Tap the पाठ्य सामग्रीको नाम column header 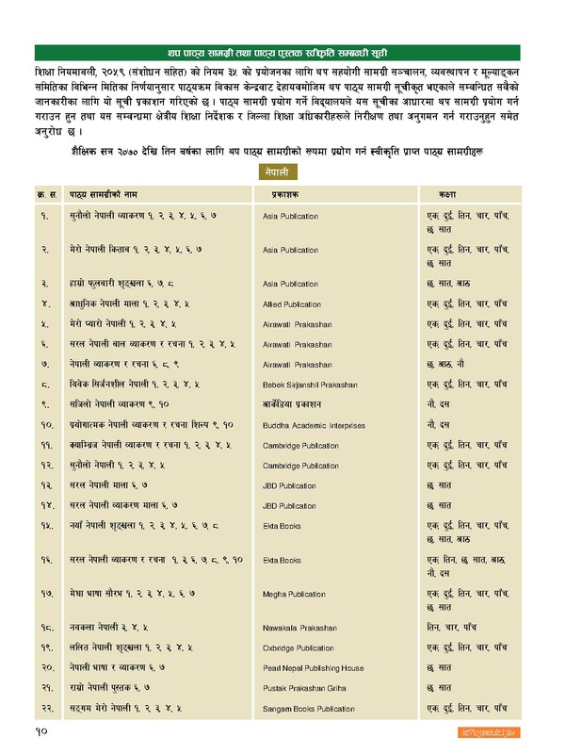point(103,194)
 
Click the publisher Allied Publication point(293,303)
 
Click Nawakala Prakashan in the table point(298,627)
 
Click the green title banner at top point(290,51)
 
